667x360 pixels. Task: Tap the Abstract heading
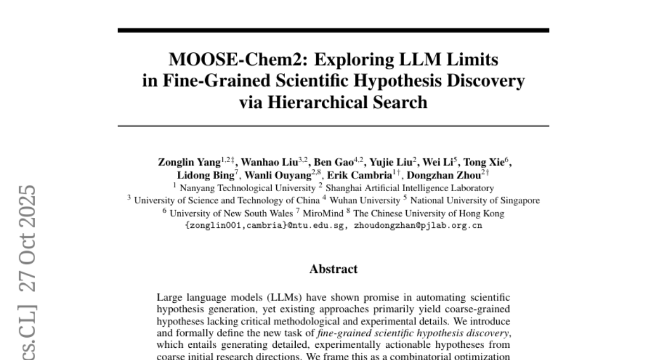[x=333, y=269]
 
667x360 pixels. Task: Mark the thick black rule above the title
[x=333, y=30]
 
